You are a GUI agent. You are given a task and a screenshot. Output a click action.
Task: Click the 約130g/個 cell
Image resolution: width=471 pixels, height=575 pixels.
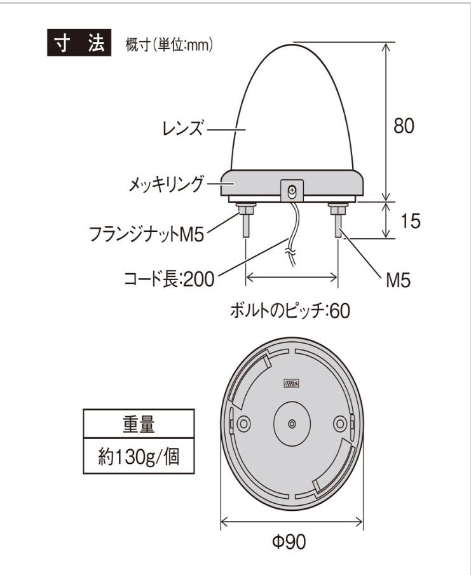coord(138,457)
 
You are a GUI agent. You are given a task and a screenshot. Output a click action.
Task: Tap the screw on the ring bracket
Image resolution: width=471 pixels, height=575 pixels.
coord(292,189)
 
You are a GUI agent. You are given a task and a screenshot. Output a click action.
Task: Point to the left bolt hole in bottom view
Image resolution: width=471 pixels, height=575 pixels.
coord(243,423)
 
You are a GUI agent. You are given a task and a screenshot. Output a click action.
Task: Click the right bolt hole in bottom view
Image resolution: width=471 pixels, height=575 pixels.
coord(340,423)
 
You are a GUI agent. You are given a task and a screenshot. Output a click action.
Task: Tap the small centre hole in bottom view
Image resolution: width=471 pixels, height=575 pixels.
coord(291,424)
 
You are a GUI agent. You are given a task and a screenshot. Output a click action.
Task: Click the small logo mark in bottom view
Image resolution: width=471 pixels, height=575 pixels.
coord(291,383)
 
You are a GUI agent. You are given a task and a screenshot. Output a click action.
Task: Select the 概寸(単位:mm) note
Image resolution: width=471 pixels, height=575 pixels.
coord(169,45)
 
